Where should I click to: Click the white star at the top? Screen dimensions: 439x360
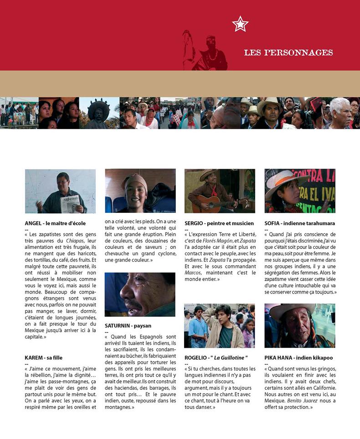point(240,24)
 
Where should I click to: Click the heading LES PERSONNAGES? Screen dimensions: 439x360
point(288,52)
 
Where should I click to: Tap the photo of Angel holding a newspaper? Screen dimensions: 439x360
point(60,191)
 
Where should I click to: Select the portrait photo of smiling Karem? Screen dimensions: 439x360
point(140,191)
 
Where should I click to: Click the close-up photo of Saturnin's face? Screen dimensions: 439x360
point(140,294)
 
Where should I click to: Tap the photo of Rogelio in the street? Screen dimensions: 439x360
point(220,325)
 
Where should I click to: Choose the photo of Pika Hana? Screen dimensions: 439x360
point(299,325)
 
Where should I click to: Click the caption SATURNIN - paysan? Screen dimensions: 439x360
point(128,326)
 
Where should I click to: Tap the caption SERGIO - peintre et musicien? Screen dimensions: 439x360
point(219,223)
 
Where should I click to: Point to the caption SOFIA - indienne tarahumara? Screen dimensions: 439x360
point(299,223)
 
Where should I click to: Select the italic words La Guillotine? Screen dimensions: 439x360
point(231,358)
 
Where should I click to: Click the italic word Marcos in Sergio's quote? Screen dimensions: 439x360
point(193,272)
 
